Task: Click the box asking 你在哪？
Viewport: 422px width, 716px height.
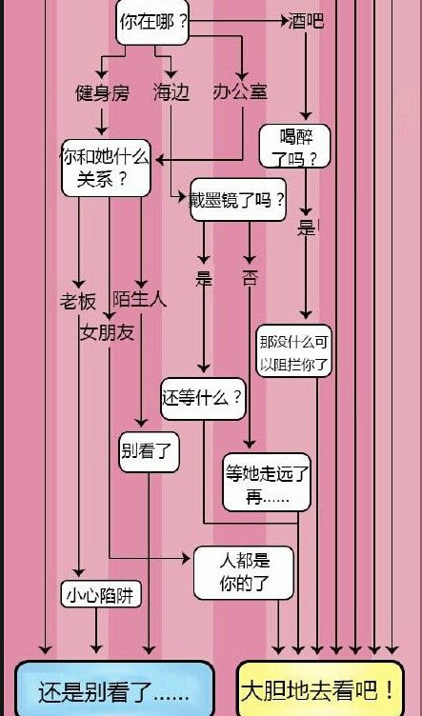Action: tap(153, 21)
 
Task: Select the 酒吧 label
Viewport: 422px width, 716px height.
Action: tap(306, 20)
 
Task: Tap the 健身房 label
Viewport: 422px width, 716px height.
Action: tap(102, 92)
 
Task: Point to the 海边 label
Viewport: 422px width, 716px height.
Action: tap(171, 92)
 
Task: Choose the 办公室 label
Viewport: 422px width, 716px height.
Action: tap(239, 92)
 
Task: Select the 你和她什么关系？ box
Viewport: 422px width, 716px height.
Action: tap(105, 166)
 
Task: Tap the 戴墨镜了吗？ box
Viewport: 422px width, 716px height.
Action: tap(238, 200)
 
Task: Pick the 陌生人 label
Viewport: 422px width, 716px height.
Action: tap(139, 299)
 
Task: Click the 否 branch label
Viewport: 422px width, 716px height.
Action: tap(250, 280)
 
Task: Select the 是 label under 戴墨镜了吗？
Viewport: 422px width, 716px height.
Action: tap(203, 280)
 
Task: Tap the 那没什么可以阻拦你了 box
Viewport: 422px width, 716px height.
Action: tap(294, 351)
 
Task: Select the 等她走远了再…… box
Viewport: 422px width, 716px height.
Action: tap(267, 483)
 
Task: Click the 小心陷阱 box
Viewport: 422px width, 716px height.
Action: tap(101, 596)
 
